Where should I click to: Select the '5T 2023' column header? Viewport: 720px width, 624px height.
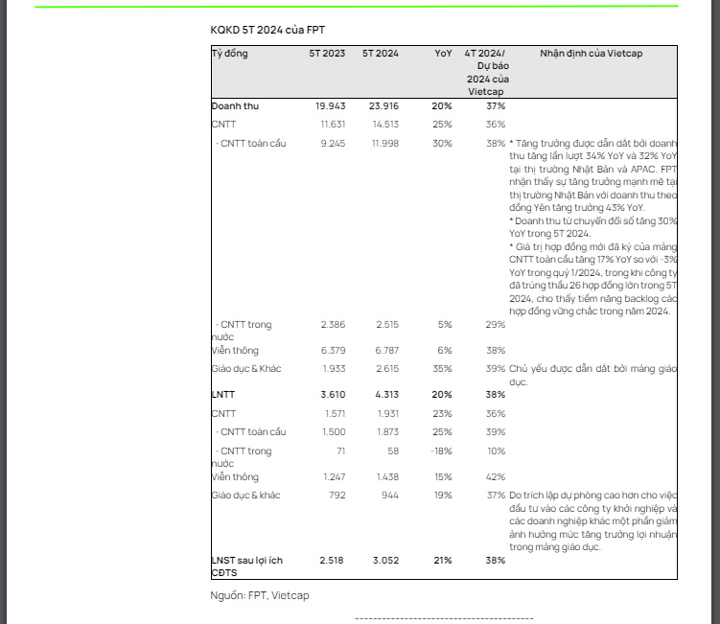tap(327, 54)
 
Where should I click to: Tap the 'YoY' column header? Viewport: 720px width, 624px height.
tap(443, 54)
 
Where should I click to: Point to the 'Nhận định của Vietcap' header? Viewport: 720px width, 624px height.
tap(591, 54)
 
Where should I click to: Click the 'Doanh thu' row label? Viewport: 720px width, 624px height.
tap(235, 105)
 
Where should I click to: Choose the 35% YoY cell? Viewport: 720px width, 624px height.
tap(444, 368)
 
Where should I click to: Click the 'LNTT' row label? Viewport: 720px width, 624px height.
tap(222, 394)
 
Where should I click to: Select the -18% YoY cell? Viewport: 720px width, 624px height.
tap(442, 451)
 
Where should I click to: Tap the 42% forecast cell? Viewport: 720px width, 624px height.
tap(496, 475)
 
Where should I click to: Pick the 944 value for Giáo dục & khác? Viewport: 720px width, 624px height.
tap(389, 495)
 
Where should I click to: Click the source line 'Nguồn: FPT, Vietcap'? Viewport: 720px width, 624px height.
tap(260, 596)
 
